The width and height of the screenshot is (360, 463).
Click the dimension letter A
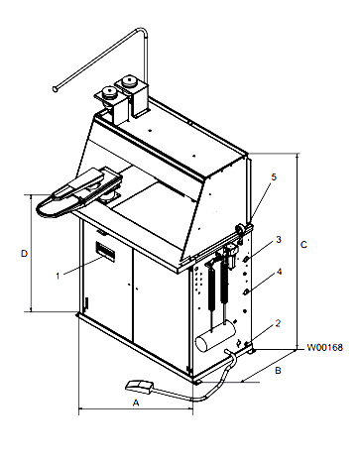coord(136,403)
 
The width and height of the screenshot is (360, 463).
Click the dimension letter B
coord(278,371)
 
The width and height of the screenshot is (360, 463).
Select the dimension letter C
coord(303,245)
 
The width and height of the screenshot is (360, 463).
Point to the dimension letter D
coord(24,254)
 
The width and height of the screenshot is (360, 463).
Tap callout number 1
coord(58,276)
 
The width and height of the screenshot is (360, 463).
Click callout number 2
coord(278,323)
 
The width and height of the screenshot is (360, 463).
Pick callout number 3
coord(279,239)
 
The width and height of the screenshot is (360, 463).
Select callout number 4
coord(279,272)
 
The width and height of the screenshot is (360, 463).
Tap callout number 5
coord(274,176)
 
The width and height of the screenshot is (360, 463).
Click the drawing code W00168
coord(324,348)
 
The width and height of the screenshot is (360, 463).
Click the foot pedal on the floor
coord(139,386)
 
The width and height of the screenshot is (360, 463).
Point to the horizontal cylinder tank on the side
coord(216,336)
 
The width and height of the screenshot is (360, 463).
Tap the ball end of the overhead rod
coord(55,88)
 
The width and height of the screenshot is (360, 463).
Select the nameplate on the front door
coord(105,251)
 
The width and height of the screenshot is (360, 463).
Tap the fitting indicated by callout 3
coord(246,260)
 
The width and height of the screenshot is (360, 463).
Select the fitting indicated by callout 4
coord(246,292)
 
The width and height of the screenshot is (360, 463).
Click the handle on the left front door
coord(86,302)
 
